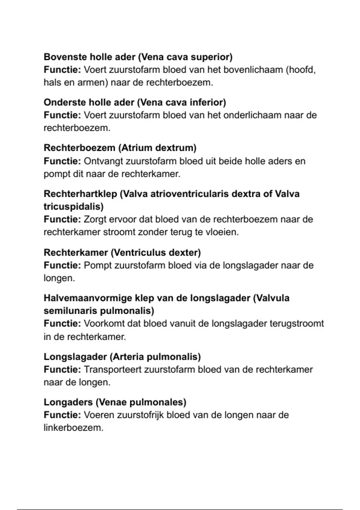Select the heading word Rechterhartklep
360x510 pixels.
pyautogui.click(x=80, y=194)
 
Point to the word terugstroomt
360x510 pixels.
pyautogui.click(x=297, y=323)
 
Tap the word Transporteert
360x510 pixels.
pyautogui.click(x=112, y=369)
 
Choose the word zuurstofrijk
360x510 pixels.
pyautogui.click(x=140, y=415)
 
